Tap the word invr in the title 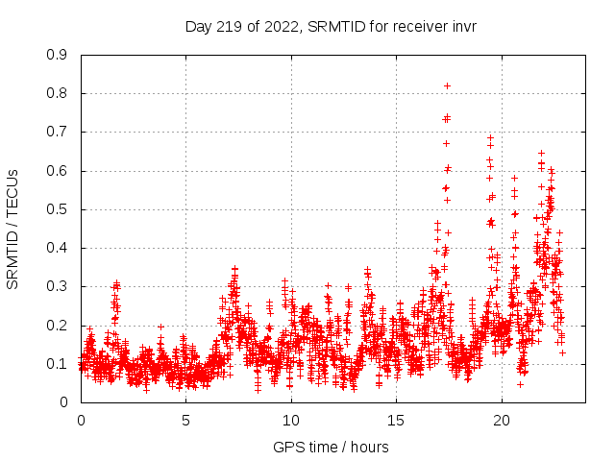461,26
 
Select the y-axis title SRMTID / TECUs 12,229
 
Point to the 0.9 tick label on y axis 58,55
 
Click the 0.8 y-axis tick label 58,93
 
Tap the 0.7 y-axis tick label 58,132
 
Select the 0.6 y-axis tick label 58,171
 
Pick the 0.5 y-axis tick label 58,209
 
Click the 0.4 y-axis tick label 58,248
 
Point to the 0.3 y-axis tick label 58,286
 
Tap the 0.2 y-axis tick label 58,325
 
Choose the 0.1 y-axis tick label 58,364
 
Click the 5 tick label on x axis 185,420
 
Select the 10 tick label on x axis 291,420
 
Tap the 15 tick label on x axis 396,420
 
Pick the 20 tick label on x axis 502,420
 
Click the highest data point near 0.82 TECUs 447,85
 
